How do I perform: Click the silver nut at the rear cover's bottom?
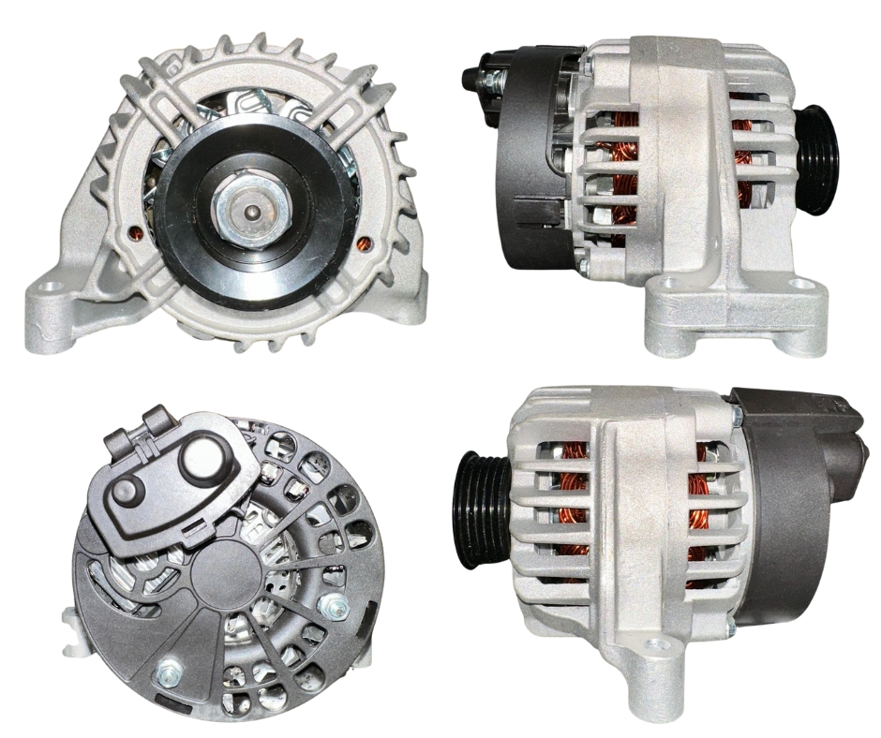(169, 672)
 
